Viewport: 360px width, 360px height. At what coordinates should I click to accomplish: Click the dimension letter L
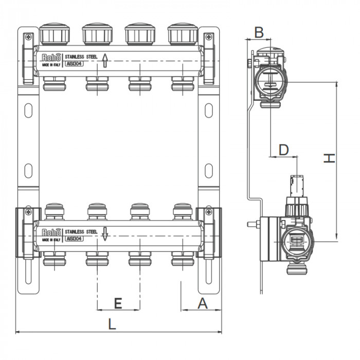[112, 324]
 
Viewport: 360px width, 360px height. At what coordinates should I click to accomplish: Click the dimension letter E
[118, 304]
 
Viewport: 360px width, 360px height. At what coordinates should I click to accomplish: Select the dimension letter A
[202, 304]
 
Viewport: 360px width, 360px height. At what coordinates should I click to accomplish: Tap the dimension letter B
[259, 32]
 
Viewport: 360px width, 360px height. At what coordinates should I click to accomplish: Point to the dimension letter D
[283, 150]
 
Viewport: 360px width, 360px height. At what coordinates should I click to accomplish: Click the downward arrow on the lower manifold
[104, 234]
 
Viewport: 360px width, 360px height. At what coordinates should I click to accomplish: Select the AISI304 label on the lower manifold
[74, 239]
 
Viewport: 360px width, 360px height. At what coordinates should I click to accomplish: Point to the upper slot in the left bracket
[28, 110]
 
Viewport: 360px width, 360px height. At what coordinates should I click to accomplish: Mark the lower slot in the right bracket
[208, 169]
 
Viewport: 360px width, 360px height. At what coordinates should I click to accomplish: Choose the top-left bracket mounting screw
[28, 37]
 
